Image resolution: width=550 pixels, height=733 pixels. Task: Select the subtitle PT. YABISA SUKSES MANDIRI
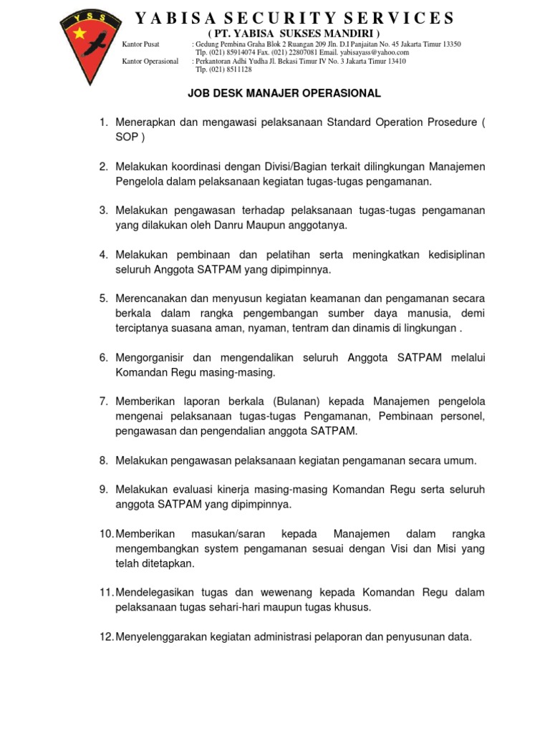coord(294,34)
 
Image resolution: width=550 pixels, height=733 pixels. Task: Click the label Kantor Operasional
coord(150,62)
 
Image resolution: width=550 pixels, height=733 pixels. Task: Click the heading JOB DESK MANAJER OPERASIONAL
coord(284,94)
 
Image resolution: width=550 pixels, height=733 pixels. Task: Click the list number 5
coord(103,298)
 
